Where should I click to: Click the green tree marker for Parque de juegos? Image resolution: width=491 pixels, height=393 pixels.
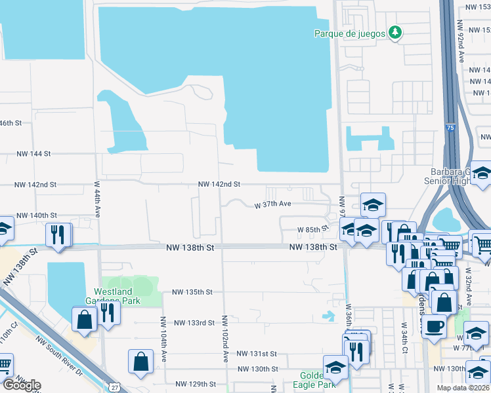pyautogui.click(x=395, y=33)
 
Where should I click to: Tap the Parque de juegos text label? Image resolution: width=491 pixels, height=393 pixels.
pyautogui.click(x=349, y=33)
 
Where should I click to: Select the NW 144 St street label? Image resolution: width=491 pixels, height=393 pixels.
pyautogui.click(x=33, y=153)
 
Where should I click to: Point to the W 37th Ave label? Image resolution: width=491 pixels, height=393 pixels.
pyautogui.click(x=272, y=204)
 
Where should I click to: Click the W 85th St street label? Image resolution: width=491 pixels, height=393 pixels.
pyautogui.click(x=312, y=229)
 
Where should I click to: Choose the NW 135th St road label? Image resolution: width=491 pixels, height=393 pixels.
pyautogui.click(x=192, y=292)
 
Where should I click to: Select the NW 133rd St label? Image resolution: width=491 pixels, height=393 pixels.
pyautogui.click(x=194, y=322)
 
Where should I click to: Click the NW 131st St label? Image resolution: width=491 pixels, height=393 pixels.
pyautogui.click(x=257, y=353)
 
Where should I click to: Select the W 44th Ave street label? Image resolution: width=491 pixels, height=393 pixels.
pyautogui.click(x=97, y=199)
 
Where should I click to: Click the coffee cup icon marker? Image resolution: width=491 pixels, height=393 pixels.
pyautogui.click(x=434, y=326)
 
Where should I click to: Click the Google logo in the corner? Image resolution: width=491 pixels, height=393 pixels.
pyautogui.click(x=21, y=385)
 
